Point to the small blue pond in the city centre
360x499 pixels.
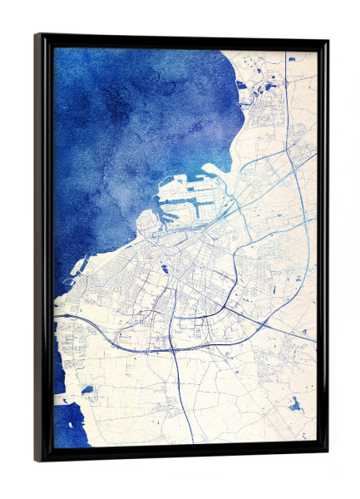pyautogui.click(x=165, y=268)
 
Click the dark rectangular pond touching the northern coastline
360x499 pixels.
pyautogui.click(x=241, y=83)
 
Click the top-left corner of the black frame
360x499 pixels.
pyautogui.click(x=36, y=35)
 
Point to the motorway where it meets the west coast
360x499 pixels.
pyautogui.click(x=57, y=316)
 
